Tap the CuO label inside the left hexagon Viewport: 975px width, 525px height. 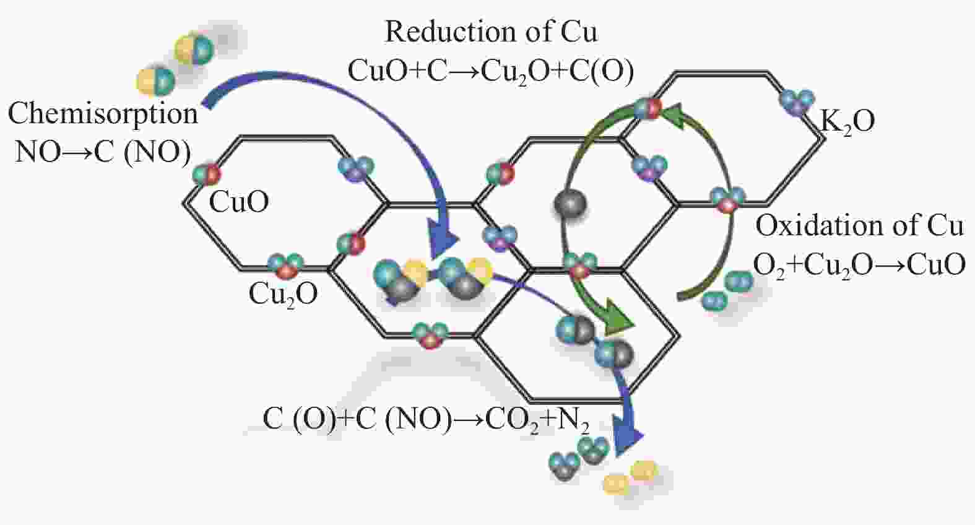point(239,202)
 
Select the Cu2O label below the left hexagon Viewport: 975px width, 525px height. point(283,294)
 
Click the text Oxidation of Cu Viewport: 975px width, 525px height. point(859,226)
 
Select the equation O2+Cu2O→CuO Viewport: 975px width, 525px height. point(859,265)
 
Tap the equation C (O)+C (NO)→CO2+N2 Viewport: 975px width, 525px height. point(426,420)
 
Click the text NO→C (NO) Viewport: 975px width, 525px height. point(103,152)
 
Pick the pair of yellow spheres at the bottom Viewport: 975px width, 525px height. point(630,477)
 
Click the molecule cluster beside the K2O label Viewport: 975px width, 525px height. point(797,102)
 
